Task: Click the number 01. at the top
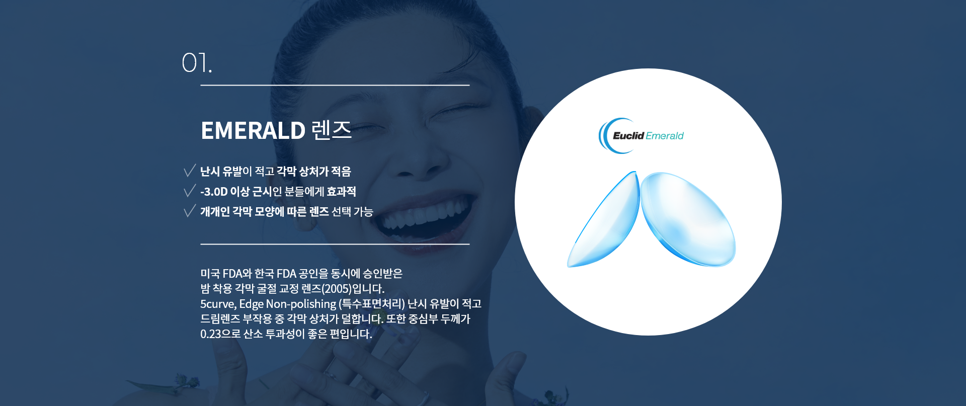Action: coord(197,63)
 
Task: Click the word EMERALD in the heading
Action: coord(253,130)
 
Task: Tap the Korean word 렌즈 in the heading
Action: coord(332,130)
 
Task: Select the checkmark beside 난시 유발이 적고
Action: coord(190,171)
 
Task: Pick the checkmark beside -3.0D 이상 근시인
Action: coord(190,191)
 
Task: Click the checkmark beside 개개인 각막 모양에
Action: coord(190,211)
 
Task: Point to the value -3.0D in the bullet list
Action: coord(214,192)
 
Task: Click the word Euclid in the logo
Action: coord(628,135)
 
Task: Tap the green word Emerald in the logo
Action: coord(665,136)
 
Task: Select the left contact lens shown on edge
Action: coord(603,219)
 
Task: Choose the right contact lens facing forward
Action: coord(688,218)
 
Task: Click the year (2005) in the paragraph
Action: coord(337,289)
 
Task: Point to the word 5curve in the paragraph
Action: coord(218,304)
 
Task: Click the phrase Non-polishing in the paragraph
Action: coord(301,304)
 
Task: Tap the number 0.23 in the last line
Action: coord(211,334)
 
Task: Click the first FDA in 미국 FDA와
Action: coord(232,274)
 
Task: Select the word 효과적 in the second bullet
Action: coord(341,192)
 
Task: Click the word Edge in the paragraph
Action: coord(251,304)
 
